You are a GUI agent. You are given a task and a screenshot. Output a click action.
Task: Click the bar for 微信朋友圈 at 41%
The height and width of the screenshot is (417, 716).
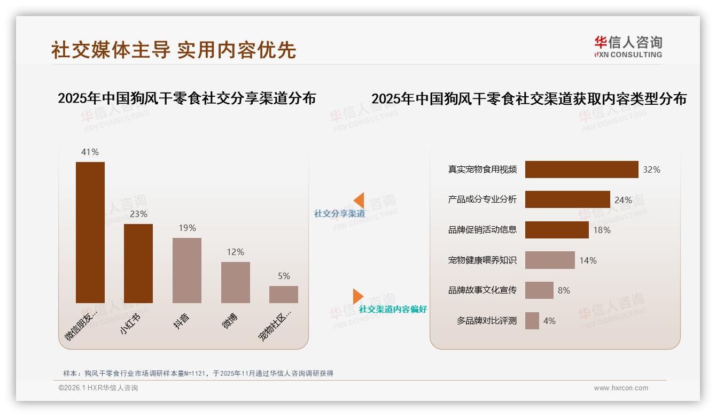(90, 233)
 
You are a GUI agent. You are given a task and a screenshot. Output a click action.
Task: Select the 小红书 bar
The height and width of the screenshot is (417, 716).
(138, 264)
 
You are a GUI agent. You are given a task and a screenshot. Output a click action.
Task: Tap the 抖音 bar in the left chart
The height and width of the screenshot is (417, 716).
(187, 271)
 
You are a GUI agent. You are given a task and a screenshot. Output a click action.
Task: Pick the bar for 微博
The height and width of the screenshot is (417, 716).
(236, 282)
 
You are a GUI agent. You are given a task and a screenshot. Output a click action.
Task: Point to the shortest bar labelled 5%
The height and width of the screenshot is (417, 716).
(284, 295)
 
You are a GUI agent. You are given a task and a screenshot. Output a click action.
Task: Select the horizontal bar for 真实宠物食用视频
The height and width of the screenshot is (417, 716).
(581, 169)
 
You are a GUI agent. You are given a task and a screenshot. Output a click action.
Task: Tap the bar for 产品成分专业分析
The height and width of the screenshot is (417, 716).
(567, 199)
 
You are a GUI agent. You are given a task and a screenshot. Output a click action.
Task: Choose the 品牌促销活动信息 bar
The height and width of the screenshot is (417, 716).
(557, 230)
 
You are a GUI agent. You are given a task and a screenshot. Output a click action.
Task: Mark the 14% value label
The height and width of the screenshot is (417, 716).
(588, 260)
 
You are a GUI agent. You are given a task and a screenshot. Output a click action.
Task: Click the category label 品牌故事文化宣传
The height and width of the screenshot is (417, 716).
(482, 290)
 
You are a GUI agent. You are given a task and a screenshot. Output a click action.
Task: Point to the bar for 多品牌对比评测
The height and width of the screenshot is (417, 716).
(532, 321)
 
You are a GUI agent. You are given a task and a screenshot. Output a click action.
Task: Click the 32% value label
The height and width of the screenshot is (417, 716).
(651, 169)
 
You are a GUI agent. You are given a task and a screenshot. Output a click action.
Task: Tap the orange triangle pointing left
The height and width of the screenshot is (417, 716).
(359, 200)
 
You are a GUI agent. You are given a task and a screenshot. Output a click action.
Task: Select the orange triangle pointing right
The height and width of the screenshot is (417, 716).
(357, 296)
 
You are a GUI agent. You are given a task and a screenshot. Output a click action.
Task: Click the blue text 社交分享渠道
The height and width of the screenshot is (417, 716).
(340, 213)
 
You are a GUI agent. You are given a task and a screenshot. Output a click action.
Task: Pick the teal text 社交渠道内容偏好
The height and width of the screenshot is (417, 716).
(393, 309)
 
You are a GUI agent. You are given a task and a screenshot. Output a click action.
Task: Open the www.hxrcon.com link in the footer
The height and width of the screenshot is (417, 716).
(621, 388)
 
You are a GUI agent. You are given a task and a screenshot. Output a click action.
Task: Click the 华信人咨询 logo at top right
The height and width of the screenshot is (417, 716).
(628, 47)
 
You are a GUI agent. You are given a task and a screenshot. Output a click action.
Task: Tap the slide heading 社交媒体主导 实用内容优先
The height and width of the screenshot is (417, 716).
(174, 50)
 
